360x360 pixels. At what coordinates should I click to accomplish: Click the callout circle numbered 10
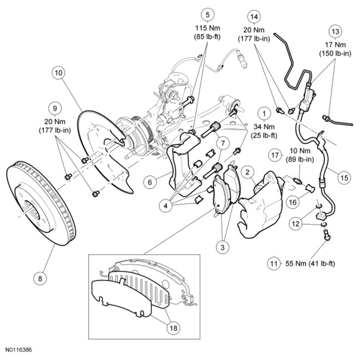tap(59, 73)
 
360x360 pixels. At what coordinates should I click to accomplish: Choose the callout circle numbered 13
tap(336, 32)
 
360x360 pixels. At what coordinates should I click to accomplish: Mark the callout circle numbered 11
tap(274, 263)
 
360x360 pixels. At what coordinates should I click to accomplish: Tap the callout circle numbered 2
tap(246, 172)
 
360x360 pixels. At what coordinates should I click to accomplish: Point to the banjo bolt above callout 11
tap(325, 236)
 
